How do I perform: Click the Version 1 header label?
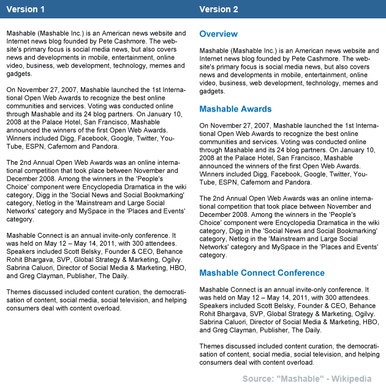26,9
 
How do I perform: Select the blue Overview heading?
218,34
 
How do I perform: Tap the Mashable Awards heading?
235,109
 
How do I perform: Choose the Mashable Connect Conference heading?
262,273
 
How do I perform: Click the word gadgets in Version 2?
212,91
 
